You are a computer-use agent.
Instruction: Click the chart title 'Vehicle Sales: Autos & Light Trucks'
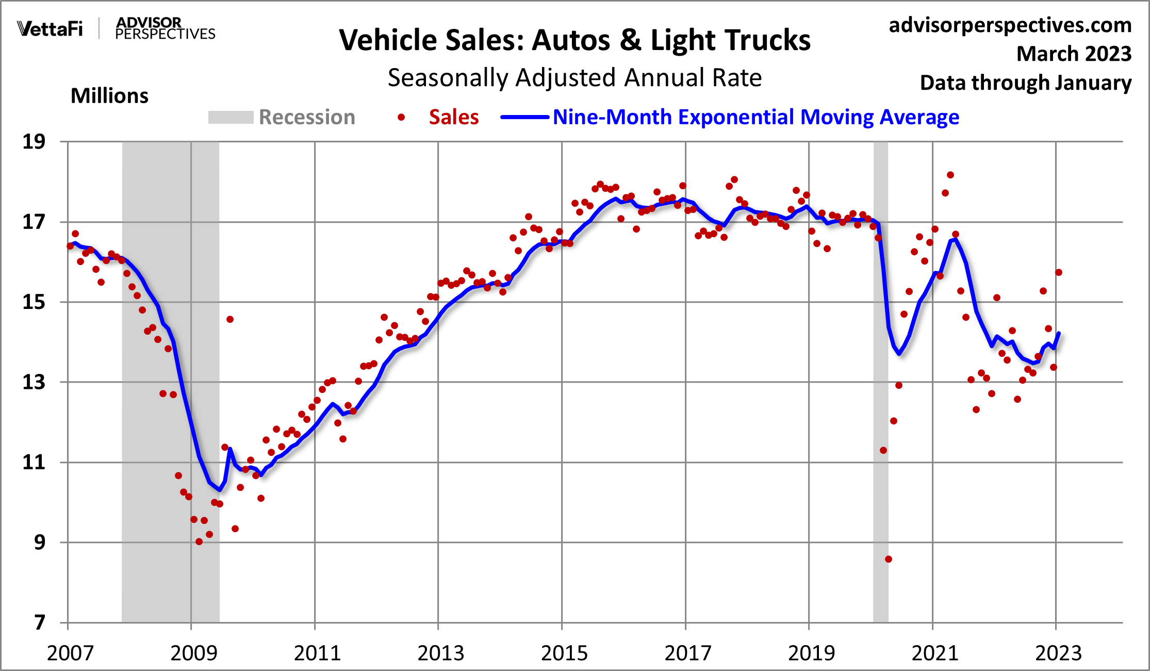pyautogui.click(x=574, y=40)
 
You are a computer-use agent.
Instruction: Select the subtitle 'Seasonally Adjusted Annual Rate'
pyautogui.click(x=574, y=78)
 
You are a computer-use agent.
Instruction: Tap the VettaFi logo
pyautogui.click(x=50, y=29)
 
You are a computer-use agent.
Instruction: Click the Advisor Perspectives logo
pyautogui.click(x=165, y=28)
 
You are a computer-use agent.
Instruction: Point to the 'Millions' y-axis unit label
pyautogui.click(x=109, y=96)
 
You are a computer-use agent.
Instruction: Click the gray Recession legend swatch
pyautogui.click(x=231, y=118)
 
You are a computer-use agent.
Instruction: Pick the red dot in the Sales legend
pyautogui.click(x=401, y=118)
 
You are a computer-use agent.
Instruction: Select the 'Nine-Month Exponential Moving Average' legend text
pyautogui.click(x=755, y=118)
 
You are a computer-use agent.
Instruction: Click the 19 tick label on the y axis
pyautogui.click(x=34, y=142)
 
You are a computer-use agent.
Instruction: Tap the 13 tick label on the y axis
pyautogui.click(x=34, y=382)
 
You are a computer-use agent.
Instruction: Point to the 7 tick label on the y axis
pyautogui.click(x=40, y=623)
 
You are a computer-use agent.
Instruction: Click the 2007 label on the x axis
pyautogui.click(x=70, y=653)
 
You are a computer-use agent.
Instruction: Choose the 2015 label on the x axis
pyautogui.click(x=564, y=653)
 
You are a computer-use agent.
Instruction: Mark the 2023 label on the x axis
pyautogui.click(x=1058, y=653)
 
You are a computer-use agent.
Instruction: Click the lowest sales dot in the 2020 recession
pyautogui.click(x=889, y=559)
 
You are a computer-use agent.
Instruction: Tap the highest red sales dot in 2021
pyautogui.click(x=950, y=175)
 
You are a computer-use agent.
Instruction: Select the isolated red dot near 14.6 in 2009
pyautogui.click(x=230, y=319)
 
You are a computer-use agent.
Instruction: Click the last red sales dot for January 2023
pyautogui.click(x=1059, y=272)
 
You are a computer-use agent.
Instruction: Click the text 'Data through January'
pyautogui.click(x=1025, y=83)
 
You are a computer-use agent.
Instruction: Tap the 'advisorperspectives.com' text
pyautogui.click(x=1010, y=25)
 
